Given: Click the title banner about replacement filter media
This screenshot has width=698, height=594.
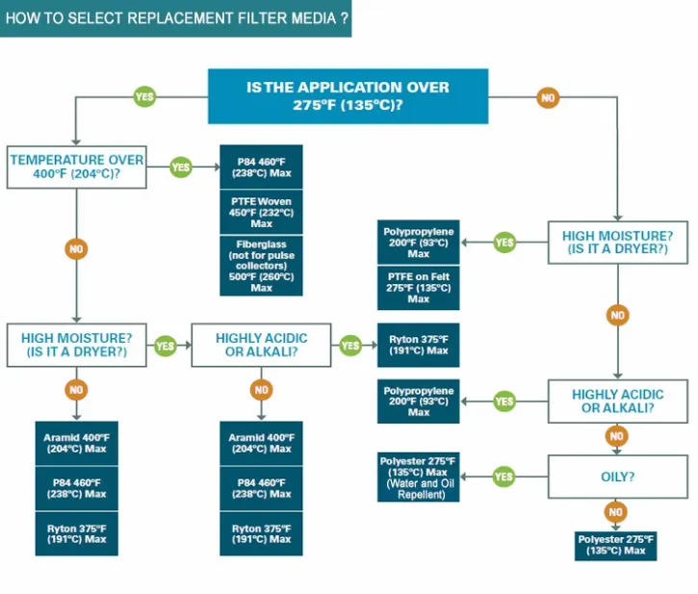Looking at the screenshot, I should (x=175, y=18).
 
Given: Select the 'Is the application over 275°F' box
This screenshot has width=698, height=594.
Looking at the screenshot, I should (x=348, y=96).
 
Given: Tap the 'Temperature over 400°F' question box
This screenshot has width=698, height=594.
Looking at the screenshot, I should (x=77, y=167).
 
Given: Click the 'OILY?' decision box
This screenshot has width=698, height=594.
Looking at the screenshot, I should (x=616, y=476).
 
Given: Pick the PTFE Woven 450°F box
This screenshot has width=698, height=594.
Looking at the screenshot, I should (x=261, y=211).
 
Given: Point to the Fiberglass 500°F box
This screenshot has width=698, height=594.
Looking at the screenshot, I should (x=261, y=266).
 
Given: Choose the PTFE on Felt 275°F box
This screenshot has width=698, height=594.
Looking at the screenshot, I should (x=418, y=288).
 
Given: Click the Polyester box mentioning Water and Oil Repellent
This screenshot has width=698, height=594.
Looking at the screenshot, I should (x=418, y=478).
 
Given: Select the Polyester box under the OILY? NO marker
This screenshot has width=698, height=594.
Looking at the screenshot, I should (x=616, y=545).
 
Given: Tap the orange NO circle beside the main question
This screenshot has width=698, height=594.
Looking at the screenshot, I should (x=548, y=97).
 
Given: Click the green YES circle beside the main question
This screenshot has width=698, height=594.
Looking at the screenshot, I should (x=145, y=97).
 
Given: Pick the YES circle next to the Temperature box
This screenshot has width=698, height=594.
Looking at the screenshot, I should (x=181, y=167).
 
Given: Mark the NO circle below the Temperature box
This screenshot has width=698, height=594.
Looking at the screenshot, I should (x=76, y=249).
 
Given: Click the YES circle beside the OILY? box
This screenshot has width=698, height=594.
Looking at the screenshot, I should (x=504, y=476).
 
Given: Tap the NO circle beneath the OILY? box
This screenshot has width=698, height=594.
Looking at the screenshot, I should (x=616, y=511).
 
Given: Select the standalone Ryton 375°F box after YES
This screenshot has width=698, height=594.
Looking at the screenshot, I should (x=418, y=345).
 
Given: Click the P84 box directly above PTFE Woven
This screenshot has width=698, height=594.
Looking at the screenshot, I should (x=261, y=167).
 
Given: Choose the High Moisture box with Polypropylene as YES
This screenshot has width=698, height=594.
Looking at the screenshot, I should (x=616, y=242).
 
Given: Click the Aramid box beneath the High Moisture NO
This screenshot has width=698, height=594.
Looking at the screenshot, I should (x=76, y=443).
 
